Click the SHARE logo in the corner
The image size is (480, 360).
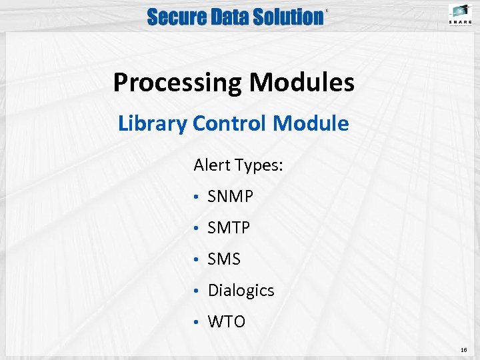pos(461,15)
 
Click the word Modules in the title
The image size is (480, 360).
pos(302,83)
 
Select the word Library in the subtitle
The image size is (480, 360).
pos(153,123)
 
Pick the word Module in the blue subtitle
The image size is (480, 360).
pos(311,123)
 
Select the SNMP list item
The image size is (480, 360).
pos(231,197)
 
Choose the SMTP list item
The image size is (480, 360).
pos(229,228)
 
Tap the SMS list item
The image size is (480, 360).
pos(224,259)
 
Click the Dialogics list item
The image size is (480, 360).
pos(241,291)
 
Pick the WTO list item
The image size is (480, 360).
pos(227,322)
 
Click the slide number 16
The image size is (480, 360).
pos(463,349)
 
